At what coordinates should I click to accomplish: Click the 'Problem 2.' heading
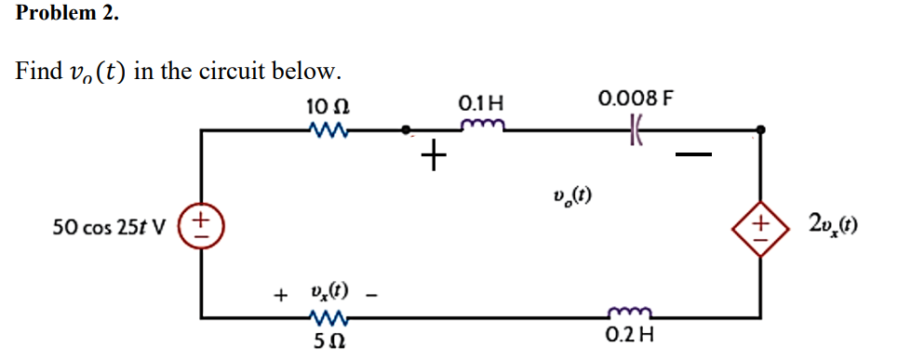[67, 14]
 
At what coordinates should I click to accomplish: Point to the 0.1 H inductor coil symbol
[485, 125]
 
